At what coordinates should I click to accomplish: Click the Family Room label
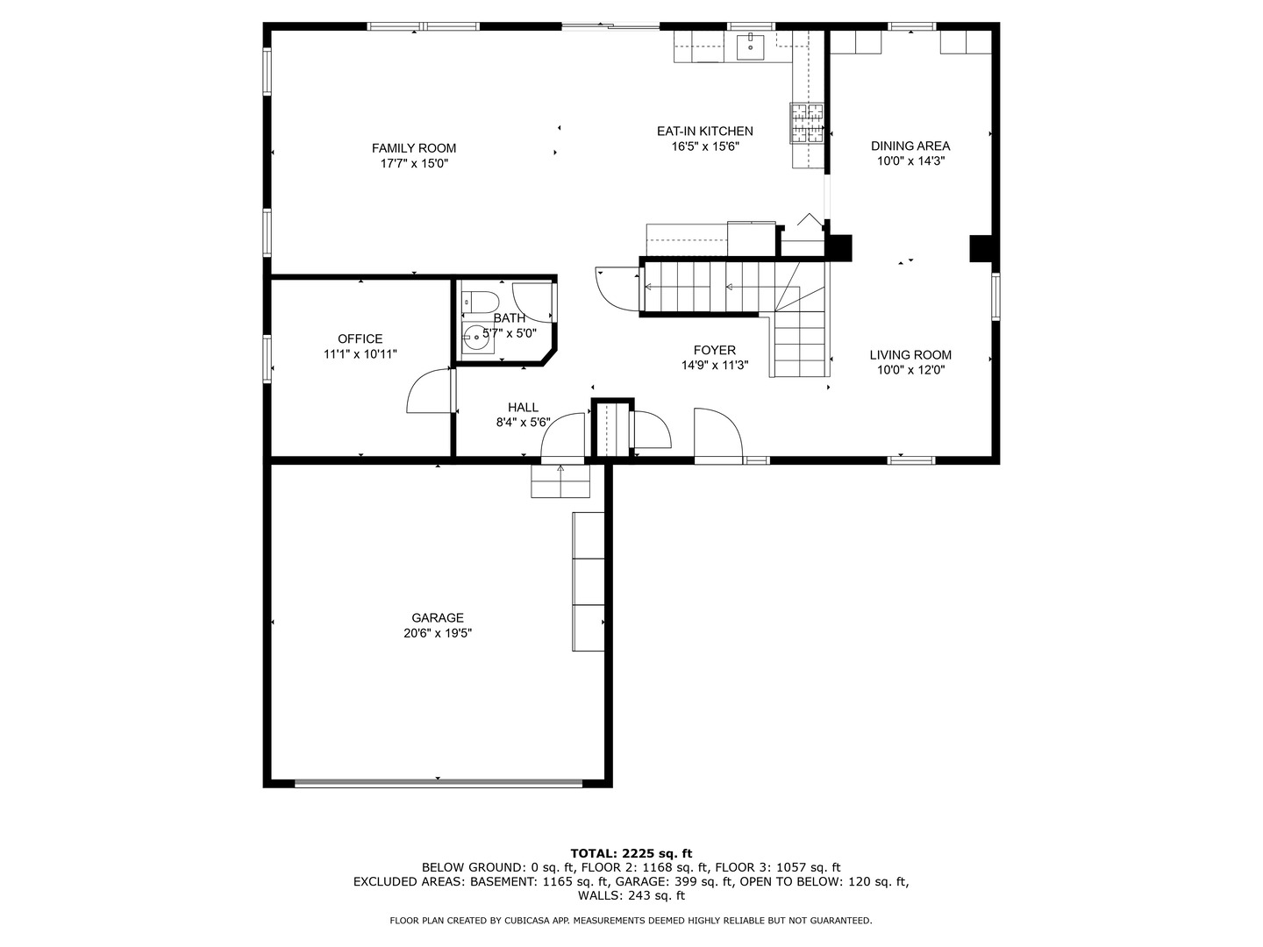point(413,148)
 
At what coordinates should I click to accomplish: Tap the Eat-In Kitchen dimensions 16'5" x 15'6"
point(705,147)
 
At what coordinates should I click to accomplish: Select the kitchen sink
point(750,46)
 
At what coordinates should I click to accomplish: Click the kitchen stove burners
point(808,123)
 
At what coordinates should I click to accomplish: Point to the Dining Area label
point(910,146)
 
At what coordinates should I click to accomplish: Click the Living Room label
point(910,355)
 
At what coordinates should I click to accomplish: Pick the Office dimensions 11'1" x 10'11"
point(360,354)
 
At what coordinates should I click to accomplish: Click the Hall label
point(523,407)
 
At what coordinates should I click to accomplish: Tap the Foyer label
point(714,350)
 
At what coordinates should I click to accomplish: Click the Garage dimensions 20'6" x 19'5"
point(437,633)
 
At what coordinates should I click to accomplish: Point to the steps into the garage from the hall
point(560,481)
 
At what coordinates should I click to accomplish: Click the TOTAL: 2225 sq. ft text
point(631,852)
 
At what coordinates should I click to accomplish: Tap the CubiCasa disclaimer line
point(631,921)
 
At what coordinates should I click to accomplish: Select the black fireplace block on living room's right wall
point(981,248)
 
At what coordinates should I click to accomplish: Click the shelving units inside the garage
point(589,581)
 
